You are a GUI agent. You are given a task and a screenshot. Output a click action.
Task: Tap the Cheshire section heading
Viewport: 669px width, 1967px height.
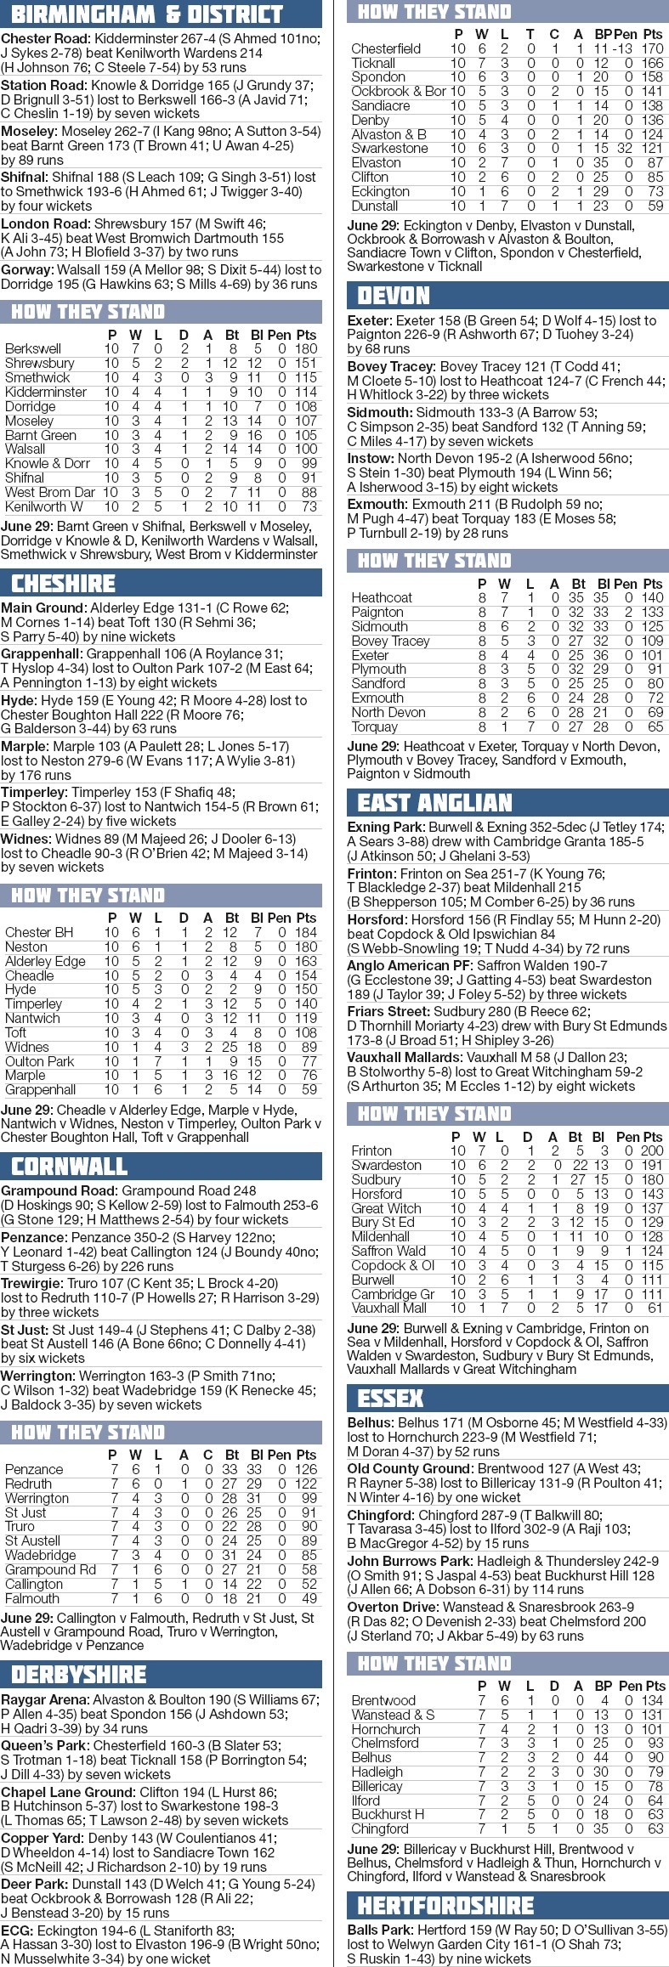64,583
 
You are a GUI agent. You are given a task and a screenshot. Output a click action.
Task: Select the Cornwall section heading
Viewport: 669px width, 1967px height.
70,1166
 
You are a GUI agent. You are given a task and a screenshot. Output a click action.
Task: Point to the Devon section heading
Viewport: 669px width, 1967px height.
394,295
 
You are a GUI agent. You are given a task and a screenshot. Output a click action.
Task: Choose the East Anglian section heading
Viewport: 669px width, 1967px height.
435,802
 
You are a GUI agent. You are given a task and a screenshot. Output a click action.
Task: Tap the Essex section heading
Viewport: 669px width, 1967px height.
391,1399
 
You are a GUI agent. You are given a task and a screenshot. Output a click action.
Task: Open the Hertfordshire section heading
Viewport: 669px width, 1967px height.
445,1905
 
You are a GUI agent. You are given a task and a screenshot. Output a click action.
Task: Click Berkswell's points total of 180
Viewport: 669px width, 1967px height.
306,348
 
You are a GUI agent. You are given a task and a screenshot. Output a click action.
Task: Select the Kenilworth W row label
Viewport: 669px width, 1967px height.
44,506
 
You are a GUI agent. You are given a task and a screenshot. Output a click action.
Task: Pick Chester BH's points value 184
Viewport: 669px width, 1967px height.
306,932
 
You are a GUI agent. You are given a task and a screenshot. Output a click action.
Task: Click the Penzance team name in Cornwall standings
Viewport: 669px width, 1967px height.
34,1469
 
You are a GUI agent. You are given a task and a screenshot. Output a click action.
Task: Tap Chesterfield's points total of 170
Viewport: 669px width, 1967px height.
652,48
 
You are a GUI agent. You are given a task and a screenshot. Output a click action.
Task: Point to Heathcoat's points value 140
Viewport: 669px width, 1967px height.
652,597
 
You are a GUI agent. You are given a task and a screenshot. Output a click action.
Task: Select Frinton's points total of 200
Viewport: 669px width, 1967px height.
652,1150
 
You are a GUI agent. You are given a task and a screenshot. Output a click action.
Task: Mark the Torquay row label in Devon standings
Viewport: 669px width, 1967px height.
375,726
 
